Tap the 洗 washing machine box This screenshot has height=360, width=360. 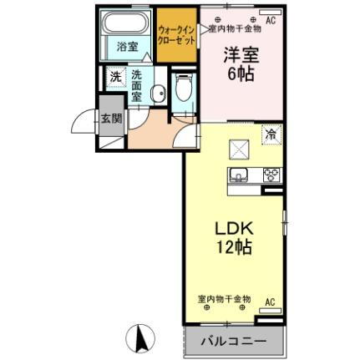click(x=115, y=76)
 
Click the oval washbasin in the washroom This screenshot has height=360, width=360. click(x=147, y=94)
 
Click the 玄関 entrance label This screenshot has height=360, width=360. click(x=111, y=118)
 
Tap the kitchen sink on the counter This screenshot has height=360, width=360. click(x=236, y=175)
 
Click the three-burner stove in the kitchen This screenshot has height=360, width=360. click(x=271, y=175)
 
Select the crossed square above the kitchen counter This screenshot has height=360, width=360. click(x=239, y=148)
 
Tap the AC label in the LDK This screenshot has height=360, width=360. click(x=270, y=301)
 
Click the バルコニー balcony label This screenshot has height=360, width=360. click(x=234, y=342)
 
